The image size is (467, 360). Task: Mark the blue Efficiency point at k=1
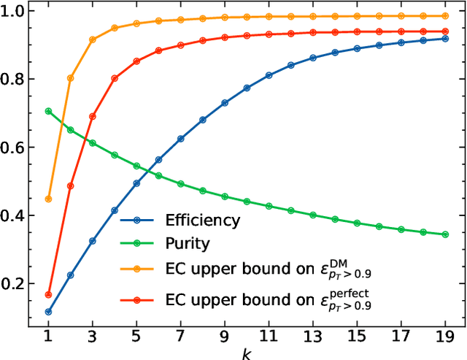coord(48,312)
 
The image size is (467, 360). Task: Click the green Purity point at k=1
coord(48,111)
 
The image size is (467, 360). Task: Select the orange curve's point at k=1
coord(48,199)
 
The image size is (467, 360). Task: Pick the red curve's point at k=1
coord(48,294)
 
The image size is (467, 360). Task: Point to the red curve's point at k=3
coord(93,116)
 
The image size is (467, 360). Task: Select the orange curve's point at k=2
coord(70,78)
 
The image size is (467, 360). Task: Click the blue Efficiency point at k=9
coord(225,103)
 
